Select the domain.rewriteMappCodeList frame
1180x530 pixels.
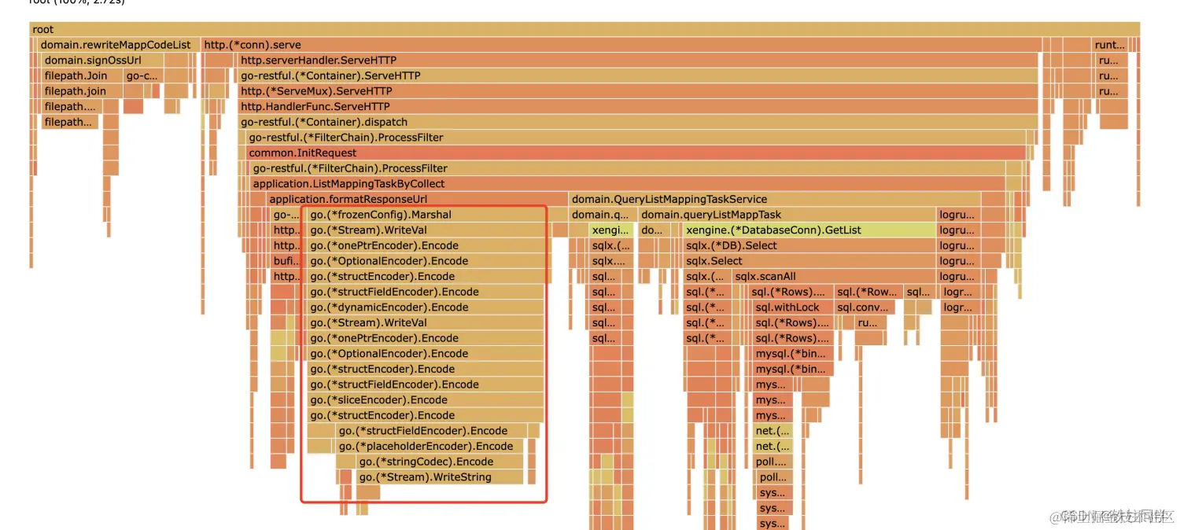116,45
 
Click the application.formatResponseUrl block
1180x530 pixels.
417,200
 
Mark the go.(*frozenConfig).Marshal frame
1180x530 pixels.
425,215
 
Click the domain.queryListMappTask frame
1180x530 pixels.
787,215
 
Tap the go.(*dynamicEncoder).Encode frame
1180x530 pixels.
425,307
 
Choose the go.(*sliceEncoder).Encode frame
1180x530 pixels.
425,400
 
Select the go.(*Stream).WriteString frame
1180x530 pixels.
439,477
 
